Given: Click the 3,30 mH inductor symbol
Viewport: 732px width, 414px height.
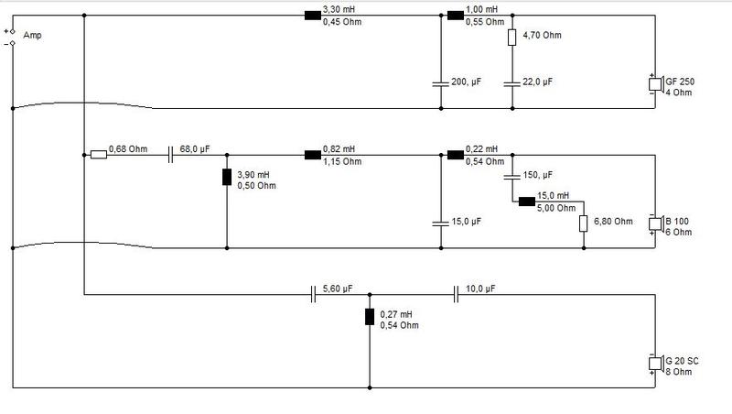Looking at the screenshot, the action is [x=313, y=16].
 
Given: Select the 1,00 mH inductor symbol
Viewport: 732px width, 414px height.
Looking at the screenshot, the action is [x=456, y=16].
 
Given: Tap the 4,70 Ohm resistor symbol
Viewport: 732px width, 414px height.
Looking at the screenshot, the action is [x=512, y=38].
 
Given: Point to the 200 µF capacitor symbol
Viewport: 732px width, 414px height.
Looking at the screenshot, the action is [x=441, y=84].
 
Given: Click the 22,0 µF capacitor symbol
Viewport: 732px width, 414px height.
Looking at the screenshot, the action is [x=512, y=84].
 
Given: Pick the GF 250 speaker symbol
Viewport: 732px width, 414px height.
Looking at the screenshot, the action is [x=656, y=84].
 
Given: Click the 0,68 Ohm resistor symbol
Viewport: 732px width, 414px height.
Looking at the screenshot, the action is [x=99, y=155].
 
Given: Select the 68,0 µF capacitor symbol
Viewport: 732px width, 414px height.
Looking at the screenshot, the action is [x=170, y=155].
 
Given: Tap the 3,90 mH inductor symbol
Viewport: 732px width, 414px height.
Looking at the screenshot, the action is [x=227, y=177].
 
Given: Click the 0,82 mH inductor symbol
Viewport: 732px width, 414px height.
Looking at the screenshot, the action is [x=313, y=155].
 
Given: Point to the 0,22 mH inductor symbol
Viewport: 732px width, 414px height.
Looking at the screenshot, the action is [x=456, y=155].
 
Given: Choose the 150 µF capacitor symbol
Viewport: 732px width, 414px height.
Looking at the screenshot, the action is [x=512, y=177].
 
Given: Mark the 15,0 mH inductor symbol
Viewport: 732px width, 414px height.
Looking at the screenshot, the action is [x=527, y=202].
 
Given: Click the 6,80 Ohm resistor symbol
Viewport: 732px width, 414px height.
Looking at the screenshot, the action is [x=584, y=223].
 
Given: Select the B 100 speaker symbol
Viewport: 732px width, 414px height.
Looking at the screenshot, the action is [x=656, y=223].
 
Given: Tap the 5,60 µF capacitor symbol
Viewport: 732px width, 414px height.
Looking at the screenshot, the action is [x=313, y=294].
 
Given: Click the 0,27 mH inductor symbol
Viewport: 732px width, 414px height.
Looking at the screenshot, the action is [x=370, y=317].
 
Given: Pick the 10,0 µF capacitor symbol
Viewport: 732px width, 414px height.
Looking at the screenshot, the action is [x=456, y=294].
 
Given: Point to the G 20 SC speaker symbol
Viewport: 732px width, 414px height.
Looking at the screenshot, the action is [x=656, y=363].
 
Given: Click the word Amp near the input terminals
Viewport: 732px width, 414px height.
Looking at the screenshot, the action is [x=32, y=36].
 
